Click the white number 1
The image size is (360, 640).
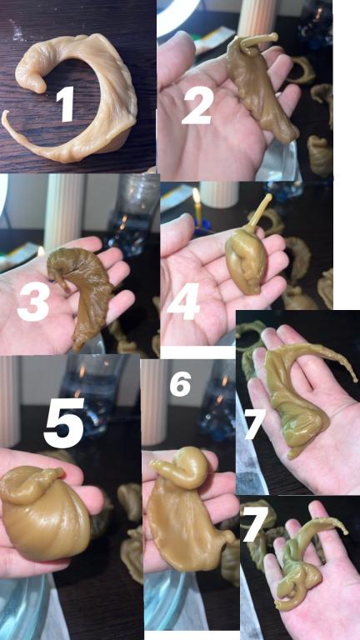(x=65, y=103)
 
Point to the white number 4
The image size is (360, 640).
(x=183, y=301)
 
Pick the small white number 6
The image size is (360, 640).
(x=180, y=385)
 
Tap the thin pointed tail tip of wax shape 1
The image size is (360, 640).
(x=3, y=113)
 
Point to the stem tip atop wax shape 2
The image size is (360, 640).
(x=274, y=37)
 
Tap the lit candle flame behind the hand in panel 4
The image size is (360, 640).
(x=197, y=196)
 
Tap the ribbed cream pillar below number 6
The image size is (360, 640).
(x=153, y=402)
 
